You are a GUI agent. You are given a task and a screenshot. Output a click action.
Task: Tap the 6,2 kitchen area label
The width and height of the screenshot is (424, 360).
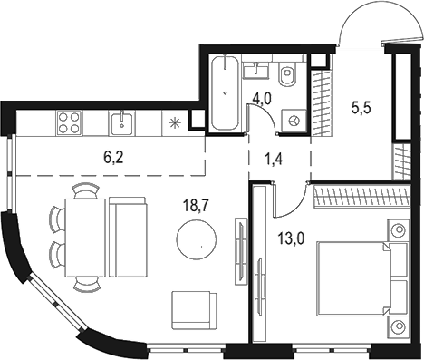115,156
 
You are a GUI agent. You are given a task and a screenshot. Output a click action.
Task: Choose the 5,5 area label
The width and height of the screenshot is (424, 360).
361,106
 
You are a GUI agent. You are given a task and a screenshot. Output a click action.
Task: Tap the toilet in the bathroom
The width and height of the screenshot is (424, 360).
289,77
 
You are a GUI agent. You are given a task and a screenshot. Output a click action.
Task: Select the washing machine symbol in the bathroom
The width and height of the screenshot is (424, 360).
294,118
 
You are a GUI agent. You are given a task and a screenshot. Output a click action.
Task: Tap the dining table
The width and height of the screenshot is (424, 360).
87,236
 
